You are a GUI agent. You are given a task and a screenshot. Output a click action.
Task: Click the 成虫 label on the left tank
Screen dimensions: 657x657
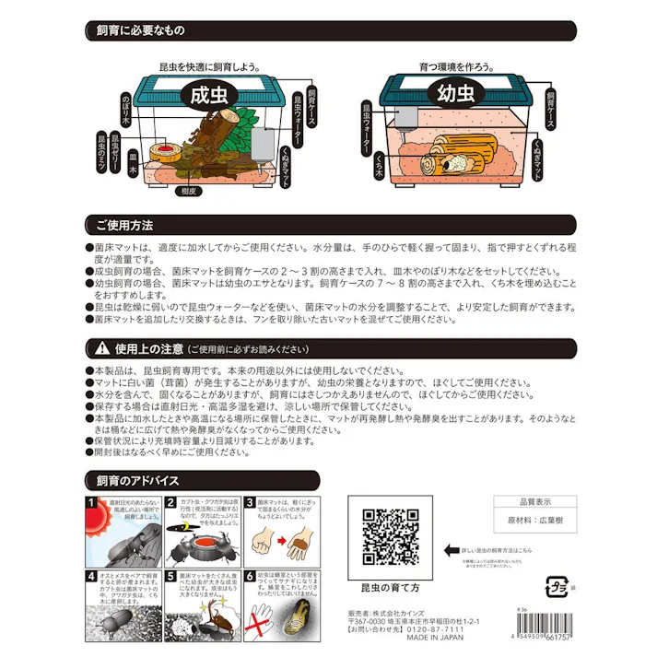209,95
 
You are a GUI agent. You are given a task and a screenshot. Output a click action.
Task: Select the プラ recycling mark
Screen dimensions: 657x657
557,586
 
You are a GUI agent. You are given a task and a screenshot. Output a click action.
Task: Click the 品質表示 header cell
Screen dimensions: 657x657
536,503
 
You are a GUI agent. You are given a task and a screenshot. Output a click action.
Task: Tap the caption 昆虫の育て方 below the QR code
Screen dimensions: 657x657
388,586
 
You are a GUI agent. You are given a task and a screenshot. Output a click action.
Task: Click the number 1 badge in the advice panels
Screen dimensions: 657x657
90,502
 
